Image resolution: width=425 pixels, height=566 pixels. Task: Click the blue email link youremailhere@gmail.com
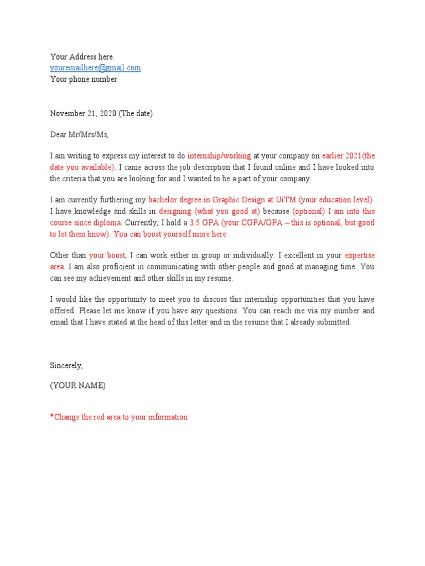point(95,68)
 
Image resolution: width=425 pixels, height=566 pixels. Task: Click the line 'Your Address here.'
point(82,57)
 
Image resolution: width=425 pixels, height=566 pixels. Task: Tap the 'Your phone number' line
point(84,79)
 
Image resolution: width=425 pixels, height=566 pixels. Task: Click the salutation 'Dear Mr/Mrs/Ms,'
point(80,134)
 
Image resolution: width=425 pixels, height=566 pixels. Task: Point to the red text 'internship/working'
point(219,156)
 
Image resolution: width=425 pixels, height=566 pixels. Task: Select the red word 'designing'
point(175,211)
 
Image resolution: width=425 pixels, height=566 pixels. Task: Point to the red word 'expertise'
point(360,255)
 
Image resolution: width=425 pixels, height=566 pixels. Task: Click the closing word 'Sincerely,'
point(66,365)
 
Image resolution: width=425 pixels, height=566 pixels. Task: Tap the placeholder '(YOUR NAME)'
point(78,386)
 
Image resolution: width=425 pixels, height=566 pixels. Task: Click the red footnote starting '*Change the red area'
point(119,417)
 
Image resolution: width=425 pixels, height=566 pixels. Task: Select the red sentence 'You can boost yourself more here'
point(170,234)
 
